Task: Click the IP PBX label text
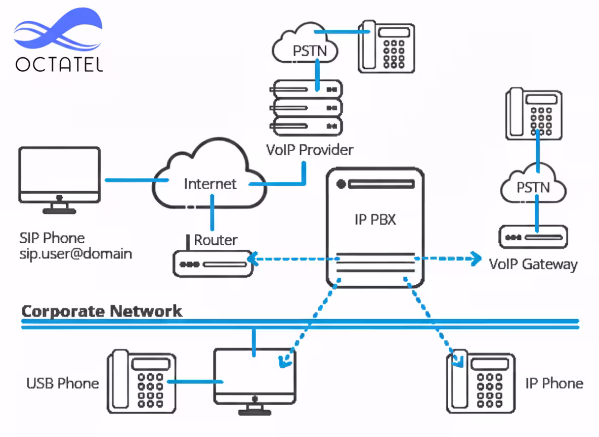374,220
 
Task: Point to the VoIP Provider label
310,150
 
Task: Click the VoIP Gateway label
533,264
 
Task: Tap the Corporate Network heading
102,311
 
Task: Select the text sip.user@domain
76,253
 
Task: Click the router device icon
212,264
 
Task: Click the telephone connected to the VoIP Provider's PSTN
387,46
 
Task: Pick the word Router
216,240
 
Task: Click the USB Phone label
62,383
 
